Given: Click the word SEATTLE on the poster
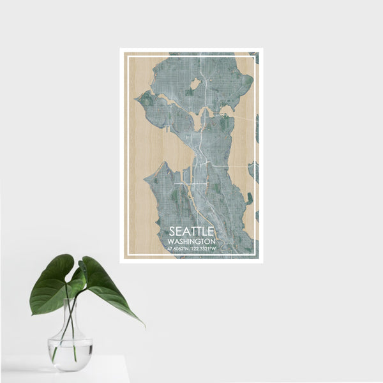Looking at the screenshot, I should pyautogui.click(x=192, y=233).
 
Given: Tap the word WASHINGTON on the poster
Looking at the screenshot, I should pyautogui.click(x=192, y=243).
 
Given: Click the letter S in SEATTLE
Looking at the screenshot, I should pyautogui.click(x=172, y=233).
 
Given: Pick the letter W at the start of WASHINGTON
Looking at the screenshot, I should pyautogui.click(x=170, y=243).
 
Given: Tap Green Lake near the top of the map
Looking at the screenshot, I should pyautogui.click(x=195, y=84).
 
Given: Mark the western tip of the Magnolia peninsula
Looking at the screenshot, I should pyautogui.click(x=137, y=100).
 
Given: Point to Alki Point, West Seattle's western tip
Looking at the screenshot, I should pyautogui.click(x=146, y=180).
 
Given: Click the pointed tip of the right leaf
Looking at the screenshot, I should pyautogui.click(x=144, y=326).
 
